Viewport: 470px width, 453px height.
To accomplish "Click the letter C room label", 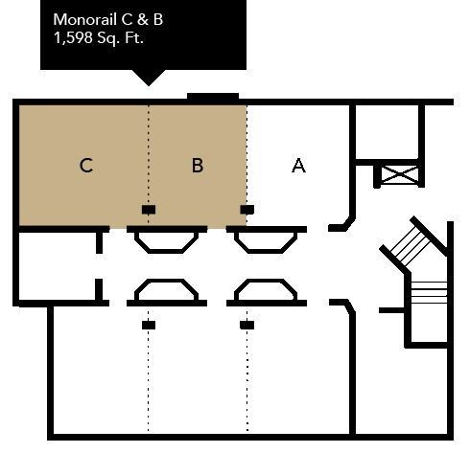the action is pos(86,166).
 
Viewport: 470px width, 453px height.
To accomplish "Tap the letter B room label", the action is pos(198,166).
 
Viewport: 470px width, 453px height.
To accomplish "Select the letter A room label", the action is pos(298,166).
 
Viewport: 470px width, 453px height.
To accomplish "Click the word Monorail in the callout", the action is pos(84,19).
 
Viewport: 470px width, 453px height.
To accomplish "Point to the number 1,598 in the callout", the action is pos(73,38).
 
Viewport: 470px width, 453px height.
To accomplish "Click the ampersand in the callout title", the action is pos(143,19).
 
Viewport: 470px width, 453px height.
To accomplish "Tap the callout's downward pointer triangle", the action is pos(149,78).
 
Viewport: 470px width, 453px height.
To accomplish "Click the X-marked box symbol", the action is pos(400,174).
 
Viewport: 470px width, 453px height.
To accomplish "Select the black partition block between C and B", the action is pos(149,210).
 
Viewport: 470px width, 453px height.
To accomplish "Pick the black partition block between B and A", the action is pos(247,210).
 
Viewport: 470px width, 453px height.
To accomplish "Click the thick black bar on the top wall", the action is pos(213,97).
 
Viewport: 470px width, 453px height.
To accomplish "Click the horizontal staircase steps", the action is pos(429,292).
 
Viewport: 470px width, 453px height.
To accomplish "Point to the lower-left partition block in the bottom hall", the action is pos(149,325).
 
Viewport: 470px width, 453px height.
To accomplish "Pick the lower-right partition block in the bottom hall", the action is pos(247,325).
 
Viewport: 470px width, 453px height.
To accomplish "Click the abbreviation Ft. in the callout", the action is pos(134,38).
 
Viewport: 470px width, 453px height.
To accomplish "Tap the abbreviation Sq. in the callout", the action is pos(108,38).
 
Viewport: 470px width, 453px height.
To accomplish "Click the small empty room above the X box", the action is pos(387,131).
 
